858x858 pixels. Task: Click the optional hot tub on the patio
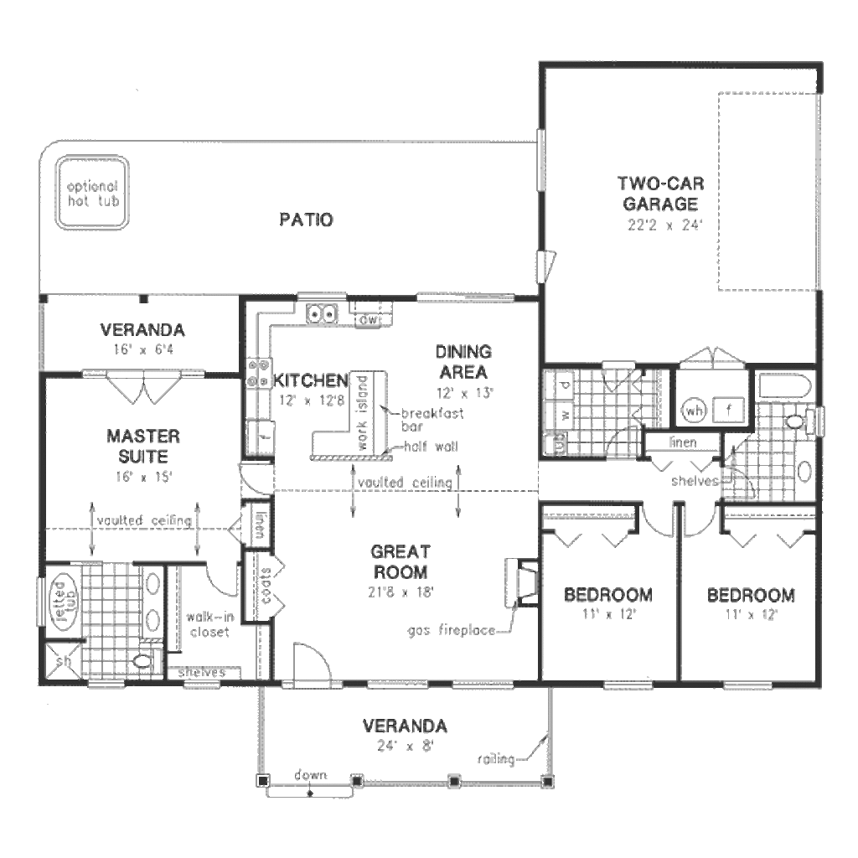pos(92,194)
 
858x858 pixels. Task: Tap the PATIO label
pos(307,220)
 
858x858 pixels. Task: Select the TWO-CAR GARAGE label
pos(659,194)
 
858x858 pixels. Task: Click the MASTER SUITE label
pos(143,447)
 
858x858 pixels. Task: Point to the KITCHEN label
pos(311,379)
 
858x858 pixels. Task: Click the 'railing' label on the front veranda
pos(496,759)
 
